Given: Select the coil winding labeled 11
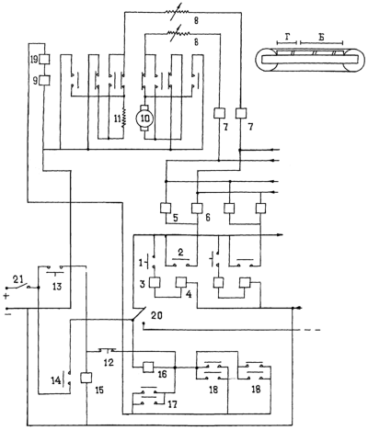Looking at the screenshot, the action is click(x=124, y=118).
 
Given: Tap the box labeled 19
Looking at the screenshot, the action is click(x=45, y=59).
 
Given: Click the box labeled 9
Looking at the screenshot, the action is click(x=45, y=80).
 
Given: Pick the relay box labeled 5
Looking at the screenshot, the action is click(x=166, y=209).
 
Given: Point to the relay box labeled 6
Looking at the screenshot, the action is click(x=197, y=209).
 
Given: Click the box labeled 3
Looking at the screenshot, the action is click(x=155, y=282).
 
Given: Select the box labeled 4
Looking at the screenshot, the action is click(x=181, y=282).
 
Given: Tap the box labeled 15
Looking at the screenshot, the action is click(x=86, y=378).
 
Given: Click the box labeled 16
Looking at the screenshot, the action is click(x=149, y=367).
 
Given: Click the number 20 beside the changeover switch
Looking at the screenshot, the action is click(x=156, y=315).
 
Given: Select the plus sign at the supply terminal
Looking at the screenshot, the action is click(x=6, y=296).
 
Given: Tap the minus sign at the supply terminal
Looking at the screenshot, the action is click(x=6, y=314).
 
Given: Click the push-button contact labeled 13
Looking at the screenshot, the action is click(x=55, y=269).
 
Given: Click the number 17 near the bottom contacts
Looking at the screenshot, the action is click(x=172, y=404).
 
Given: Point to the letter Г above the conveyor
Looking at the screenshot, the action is click(x=287, y=38).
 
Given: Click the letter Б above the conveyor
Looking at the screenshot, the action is click(x=321, y=38).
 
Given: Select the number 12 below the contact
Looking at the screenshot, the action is click(x=109, y=363).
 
